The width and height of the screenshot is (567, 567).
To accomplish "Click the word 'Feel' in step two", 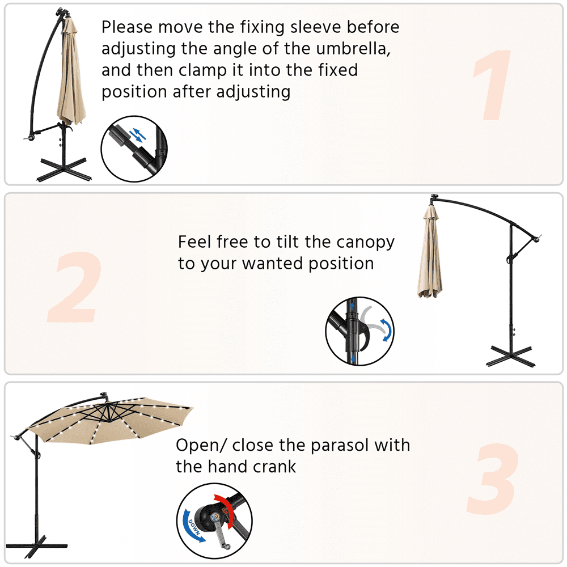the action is point(195,242).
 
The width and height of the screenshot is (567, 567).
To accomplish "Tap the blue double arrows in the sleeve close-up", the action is point(138,135).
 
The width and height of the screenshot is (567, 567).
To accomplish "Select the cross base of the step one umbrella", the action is point(64,169).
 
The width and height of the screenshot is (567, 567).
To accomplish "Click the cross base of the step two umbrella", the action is point(511,356).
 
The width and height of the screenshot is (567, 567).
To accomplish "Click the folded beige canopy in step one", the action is point(71,73).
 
